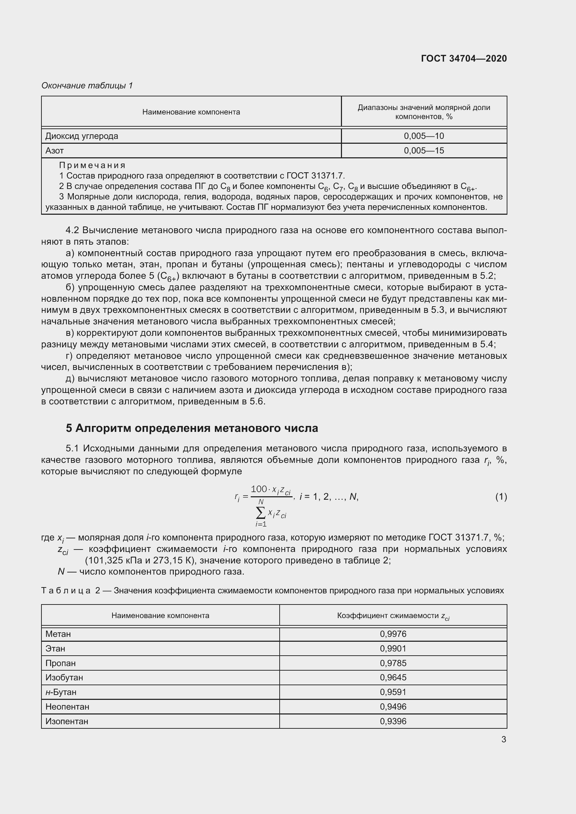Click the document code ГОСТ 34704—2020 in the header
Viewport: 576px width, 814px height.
coord(464,58)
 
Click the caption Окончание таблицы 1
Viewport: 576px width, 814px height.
coord(87,86)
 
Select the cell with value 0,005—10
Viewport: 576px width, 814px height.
coord(423,136)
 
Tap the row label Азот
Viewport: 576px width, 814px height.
coord(55,151)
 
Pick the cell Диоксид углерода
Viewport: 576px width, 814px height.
coord(81,136)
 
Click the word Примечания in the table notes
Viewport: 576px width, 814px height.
coord(92,165)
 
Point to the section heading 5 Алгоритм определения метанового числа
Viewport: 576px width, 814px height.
coord(192,428)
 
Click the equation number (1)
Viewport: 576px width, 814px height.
coord(501,497)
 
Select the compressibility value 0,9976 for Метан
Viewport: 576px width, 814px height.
coord(392,634)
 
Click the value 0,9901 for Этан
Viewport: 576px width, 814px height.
coord(392,648)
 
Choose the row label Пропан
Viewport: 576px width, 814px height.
coord(60,663)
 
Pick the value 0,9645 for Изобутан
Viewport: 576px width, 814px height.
coord(392,678)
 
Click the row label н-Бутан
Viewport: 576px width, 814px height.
coord(61,692)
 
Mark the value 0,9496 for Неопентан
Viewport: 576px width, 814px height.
coord(392,706)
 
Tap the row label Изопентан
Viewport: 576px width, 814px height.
coord(67,721)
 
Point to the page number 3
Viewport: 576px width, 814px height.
coord(503,740)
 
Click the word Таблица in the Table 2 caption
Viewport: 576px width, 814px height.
coord(66,591)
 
